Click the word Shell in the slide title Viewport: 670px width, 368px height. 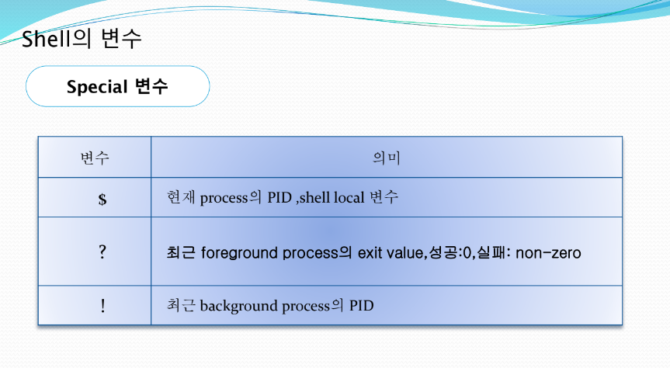coord(46,39)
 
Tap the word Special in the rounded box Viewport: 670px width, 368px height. coord(97,87)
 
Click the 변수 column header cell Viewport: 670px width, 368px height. coord(95,158)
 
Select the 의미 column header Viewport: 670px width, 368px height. coord(387,158)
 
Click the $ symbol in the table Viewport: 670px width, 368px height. coord(102,199)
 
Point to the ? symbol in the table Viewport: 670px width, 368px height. coord(102,252)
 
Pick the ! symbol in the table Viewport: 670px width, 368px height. coord(103,306)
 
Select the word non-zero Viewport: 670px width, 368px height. coord(548,253)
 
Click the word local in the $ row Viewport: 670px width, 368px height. coord(349,197)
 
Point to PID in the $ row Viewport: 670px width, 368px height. coord(279,197)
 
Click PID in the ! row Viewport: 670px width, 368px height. coord(362,306)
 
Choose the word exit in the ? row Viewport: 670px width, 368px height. coord(370,252)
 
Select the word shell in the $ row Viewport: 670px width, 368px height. coord(315,197)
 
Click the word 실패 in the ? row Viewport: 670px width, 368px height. coord(491,252)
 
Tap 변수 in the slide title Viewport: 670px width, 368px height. coord(121,39)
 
